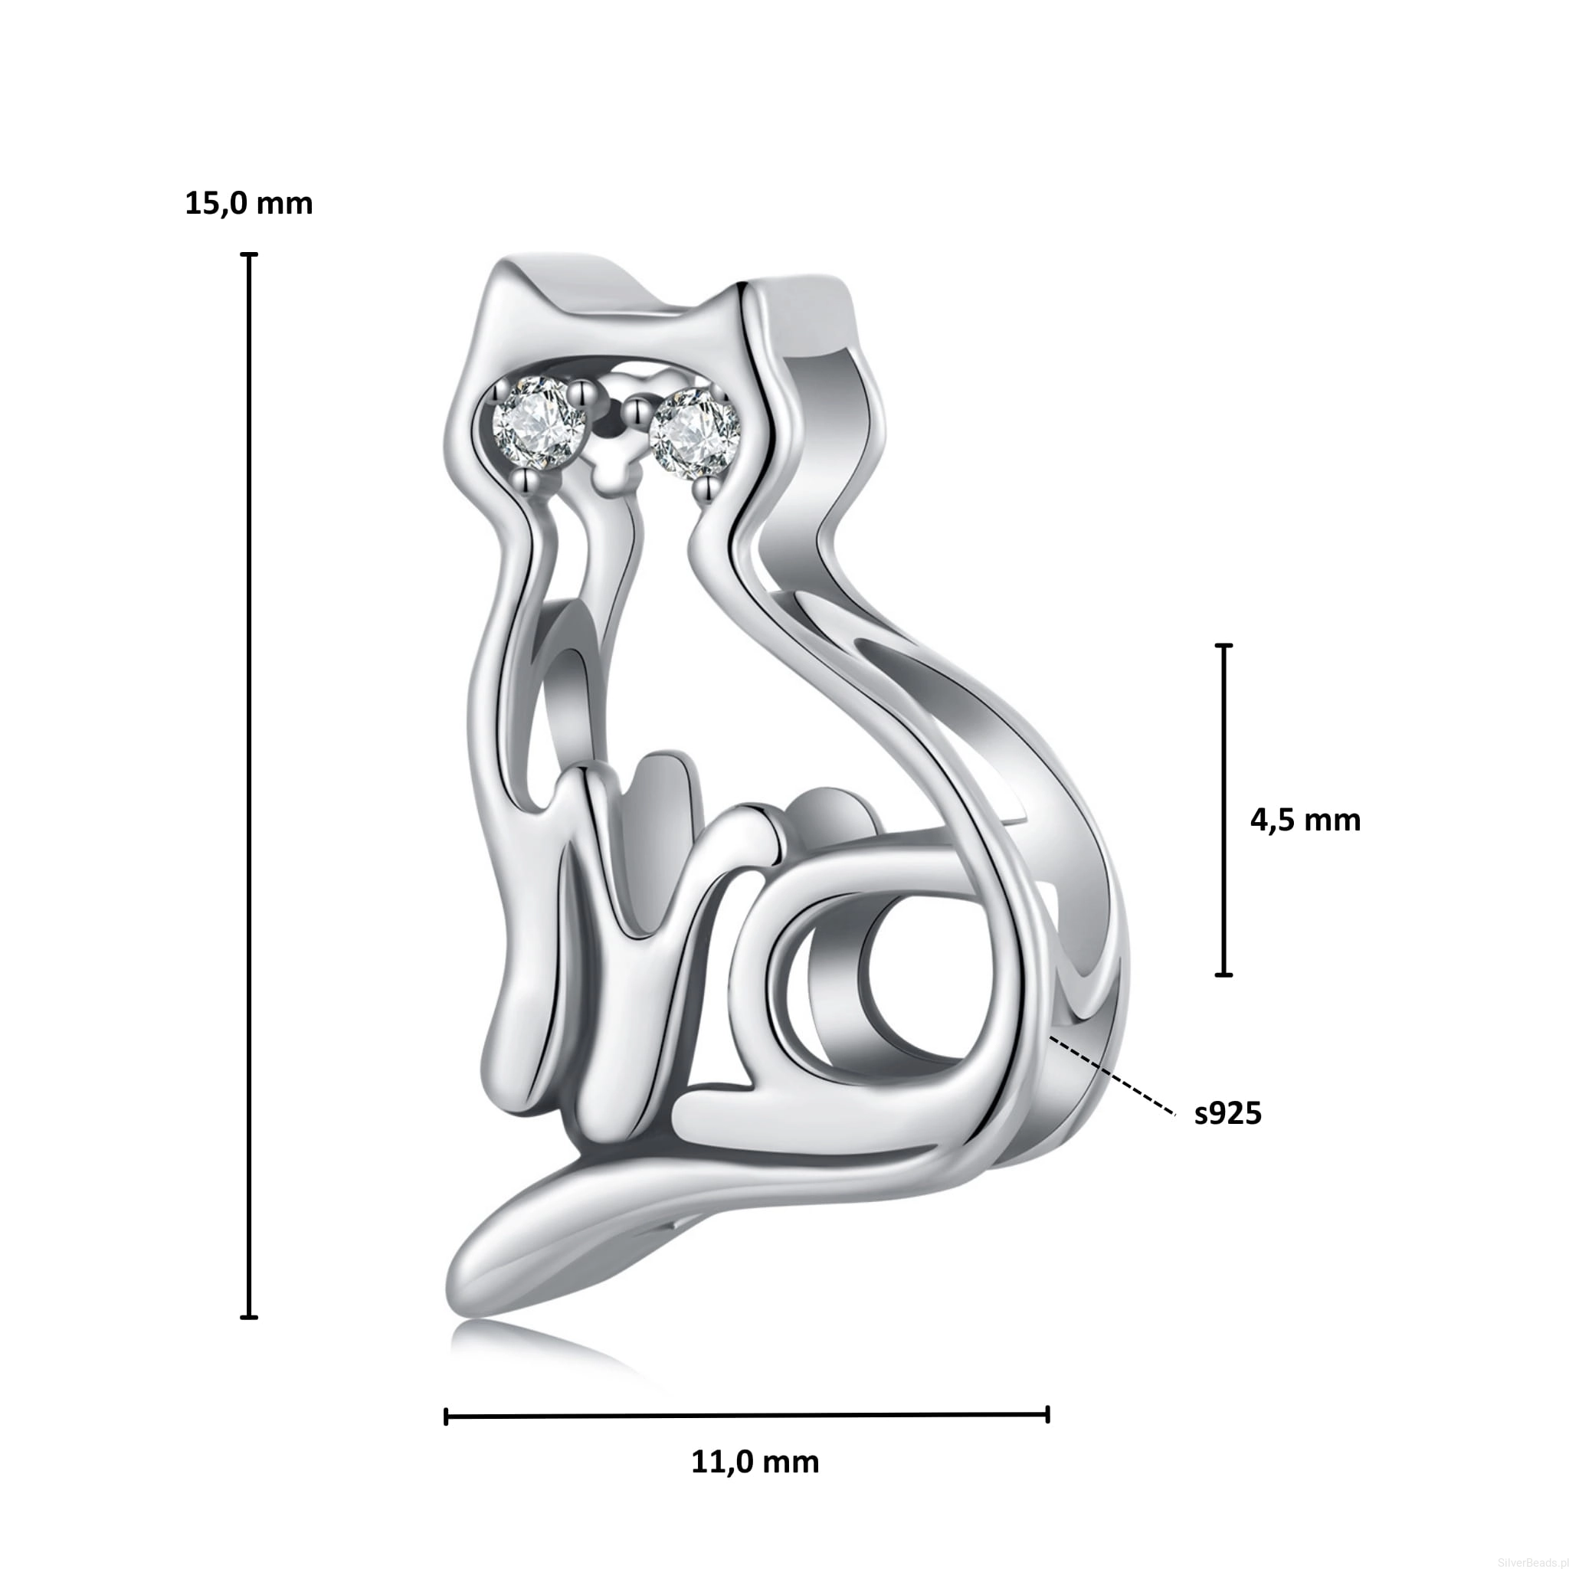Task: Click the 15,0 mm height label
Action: click(x=248, y=203)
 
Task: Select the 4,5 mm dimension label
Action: click(x=1305, y=821)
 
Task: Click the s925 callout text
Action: click(x=1228, y=1113)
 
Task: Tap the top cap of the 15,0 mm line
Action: click(x=249, y=255)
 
